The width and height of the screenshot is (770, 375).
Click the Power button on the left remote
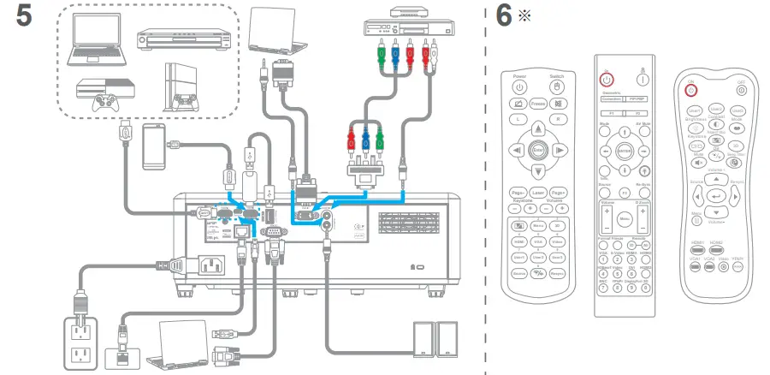tap(519, 86)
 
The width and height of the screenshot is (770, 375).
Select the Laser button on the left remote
tap(538, 193)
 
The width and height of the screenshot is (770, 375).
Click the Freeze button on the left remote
tap(538, 103)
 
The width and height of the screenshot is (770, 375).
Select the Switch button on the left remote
tap(557, 86)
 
